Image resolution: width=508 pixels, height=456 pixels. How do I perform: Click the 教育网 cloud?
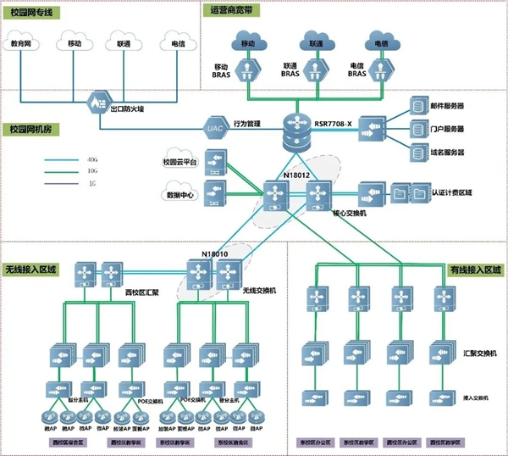24,42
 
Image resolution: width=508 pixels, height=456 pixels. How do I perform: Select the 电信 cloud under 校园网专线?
179,42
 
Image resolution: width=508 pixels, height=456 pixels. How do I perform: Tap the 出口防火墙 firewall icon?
96,107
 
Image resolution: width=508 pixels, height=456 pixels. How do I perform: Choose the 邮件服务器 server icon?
418,107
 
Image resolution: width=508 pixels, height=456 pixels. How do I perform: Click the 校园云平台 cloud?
179,162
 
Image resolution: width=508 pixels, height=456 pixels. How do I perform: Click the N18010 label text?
216,253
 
